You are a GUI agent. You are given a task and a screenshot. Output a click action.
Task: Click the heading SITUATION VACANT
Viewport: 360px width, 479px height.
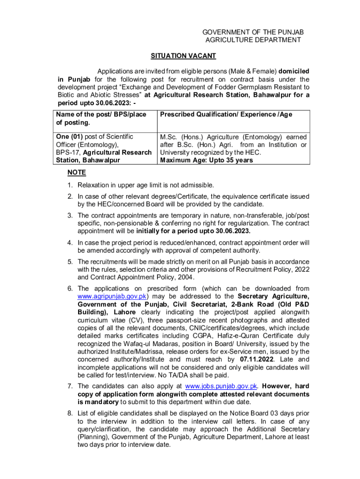[x=183, y=56]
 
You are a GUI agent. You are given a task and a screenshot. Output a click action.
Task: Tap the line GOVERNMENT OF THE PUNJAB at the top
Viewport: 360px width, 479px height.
[x=252, y=32]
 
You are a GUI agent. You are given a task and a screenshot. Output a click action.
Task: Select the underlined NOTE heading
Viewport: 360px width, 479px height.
[x=77, y=173]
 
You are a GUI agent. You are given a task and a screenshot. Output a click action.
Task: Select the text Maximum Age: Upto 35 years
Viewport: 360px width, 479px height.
[x=206, y=160]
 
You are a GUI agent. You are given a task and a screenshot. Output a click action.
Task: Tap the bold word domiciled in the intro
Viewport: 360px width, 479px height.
[x=294, y=71]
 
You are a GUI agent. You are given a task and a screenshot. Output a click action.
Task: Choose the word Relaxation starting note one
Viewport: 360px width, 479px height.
[x=94, y=185]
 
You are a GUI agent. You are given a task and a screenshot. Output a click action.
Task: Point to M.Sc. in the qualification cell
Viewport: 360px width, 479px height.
[x=169, y=137]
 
